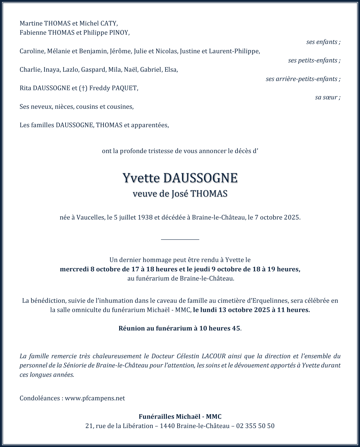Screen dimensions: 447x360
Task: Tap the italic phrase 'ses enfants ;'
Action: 323,42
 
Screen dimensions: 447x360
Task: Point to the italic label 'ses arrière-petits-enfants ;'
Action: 303,79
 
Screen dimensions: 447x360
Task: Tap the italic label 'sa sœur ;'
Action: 327,97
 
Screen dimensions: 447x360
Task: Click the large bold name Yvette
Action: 141,178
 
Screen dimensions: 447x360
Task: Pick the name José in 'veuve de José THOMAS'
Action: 180,194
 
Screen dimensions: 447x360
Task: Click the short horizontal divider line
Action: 180,239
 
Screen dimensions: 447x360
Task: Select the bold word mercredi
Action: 74,269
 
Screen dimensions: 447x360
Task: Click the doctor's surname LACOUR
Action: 214,356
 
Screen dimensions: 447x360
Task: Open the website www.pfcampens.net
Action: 95,398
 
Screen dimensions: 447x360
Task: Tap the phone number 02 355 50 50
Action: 255,426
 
